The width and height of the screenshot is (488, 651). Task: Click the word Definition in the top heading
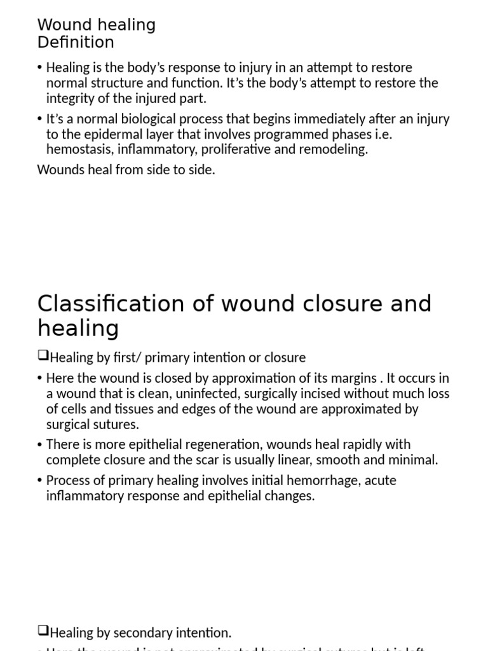(x=76, y=43)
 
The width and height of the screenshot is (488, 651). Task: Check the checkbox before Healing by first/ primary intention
(x=43, y=357)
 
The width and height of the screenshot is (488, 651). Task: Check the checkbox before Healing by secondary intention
(x=43, y=631)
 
